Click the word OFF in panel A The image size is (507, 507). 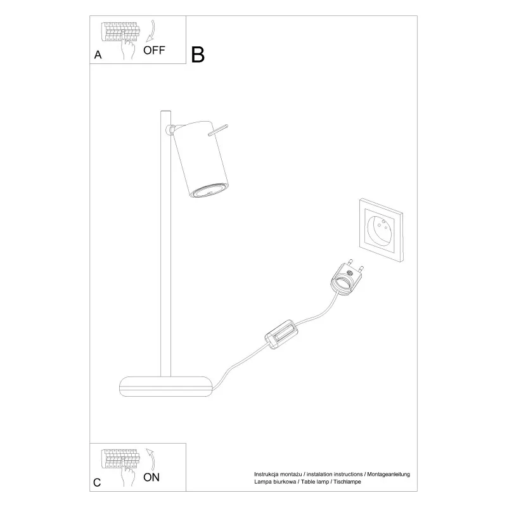pos(154,51)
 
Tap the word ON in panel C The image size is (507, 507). pos(151,478)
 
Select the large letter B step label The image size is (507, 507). pos(198,55)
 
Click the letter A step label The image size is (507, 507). pos(98,55)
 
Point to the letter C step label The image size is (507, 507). pos(97,482)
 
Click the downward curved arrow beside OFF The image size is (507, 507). pos(151,31)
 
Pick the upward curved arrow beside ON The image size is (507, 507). pos(151,459)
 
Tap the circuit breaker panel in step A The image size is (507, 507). pos(120,32)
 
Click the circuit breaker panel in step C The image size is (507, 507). pos(120,459)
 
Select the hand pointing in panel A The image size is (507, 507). pos(128,46)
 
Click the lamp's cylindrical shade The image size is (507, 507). pos(201,160)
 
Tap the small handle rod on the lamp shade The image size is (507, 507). pos(218,130)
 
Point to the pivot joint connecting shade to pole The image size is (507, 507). pos(170,130)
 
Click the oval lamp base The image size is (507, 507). pos(166,387)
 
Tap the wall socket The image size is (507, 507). pos(382,230)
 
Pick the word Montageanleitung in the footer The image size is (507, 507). pos(388,474)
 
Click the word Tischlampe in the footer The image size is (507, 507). pos(347,482)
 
